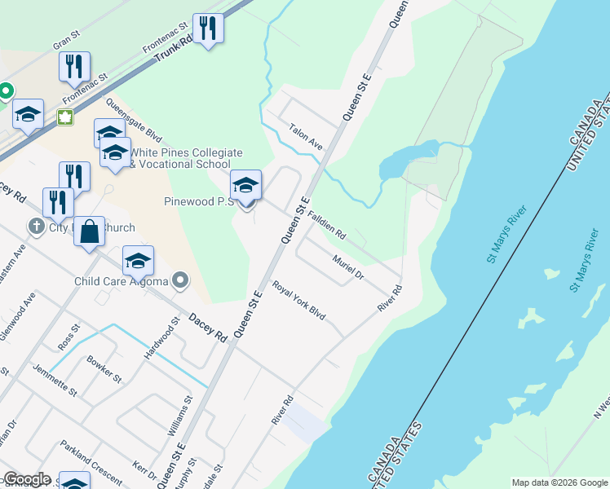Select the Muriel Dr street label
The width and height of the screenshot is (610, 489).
tap(347, 267)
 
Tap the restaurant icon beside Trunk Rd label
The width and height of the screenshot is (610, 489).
tap(208, 29)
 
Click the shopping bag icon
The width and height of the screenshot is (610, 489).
tap(91, 231)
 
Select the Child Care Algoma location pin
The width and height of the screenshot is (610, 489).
tap(181, 282)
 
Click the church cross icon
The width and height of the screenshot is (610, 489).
tap(35, 227)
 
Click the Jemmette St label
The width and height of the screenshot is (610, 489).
tap(54, 380)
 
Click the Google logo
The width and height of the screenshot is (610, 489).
tap(26, 479)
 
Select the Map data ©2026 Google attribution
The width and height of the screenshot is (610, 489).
tap(559, 482)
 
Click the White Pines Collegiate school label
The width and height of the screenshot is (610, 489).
tap(188, 158)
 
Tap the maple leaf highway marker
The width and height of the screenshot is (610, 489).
tap(64, 117)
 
